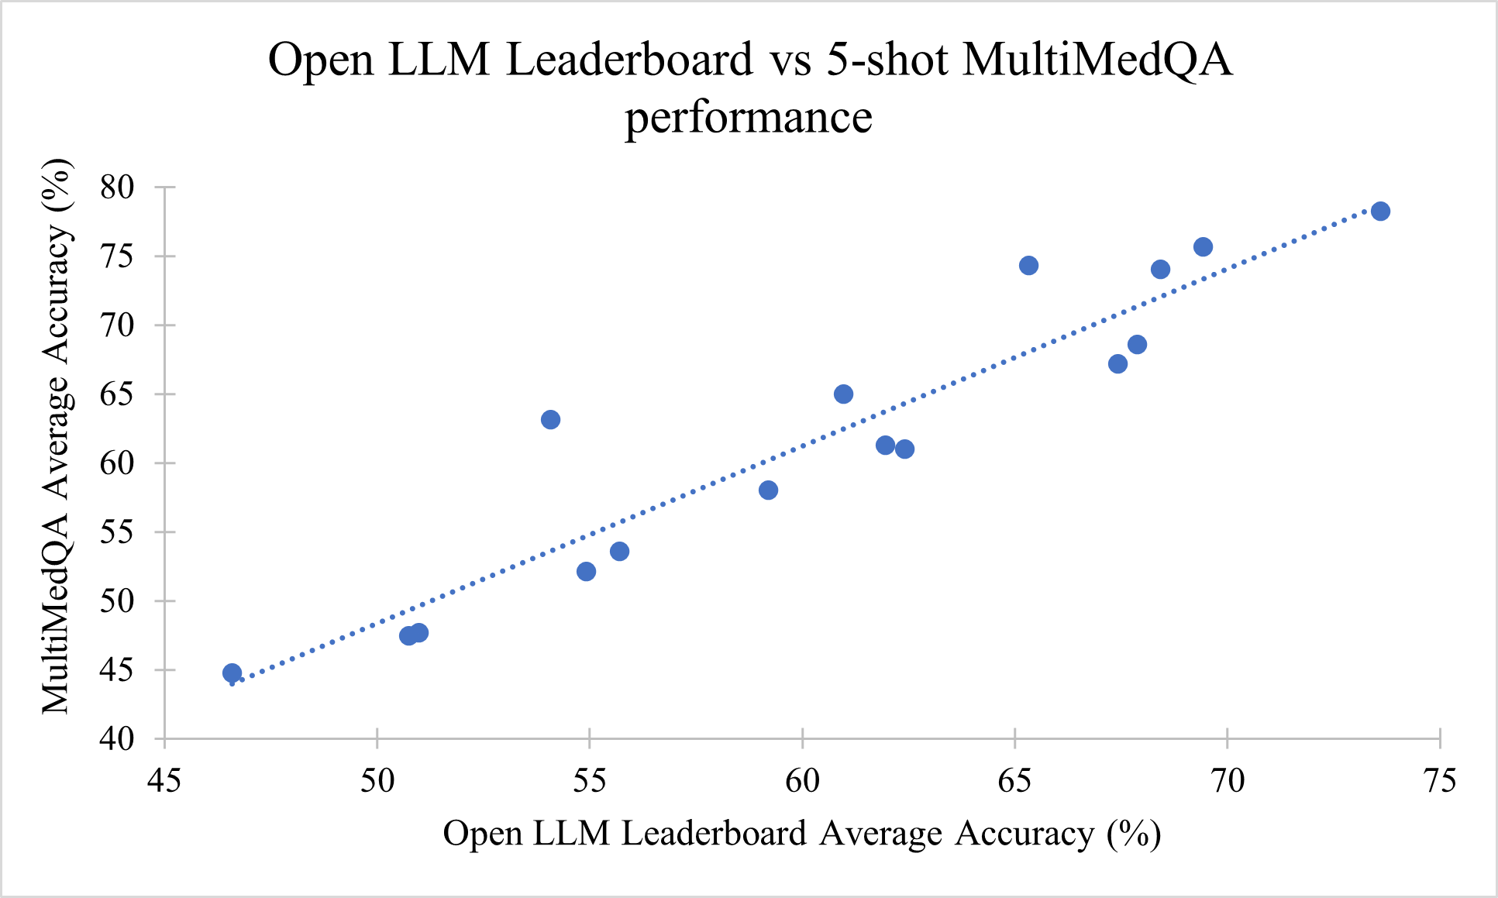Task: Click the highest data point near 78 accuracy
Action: (1380, 212)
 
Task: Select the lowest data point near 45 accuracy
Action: (232, 673)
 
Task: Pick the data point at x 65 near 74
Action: (1028, 266)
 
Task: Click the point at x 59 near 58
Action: (768, 490)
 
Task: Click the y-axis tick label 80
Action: (117, 188)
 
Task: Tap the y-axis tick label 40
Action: (117, 739)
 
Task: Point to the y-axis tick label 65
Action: (117, 394)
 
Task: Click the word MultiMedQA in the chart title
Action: (1097, 60)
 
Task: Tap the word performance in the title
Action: (749, 118)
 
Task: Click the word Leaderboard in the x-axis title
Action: (715, 834)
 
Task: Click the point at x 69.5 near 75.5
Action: (1203, 247)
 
